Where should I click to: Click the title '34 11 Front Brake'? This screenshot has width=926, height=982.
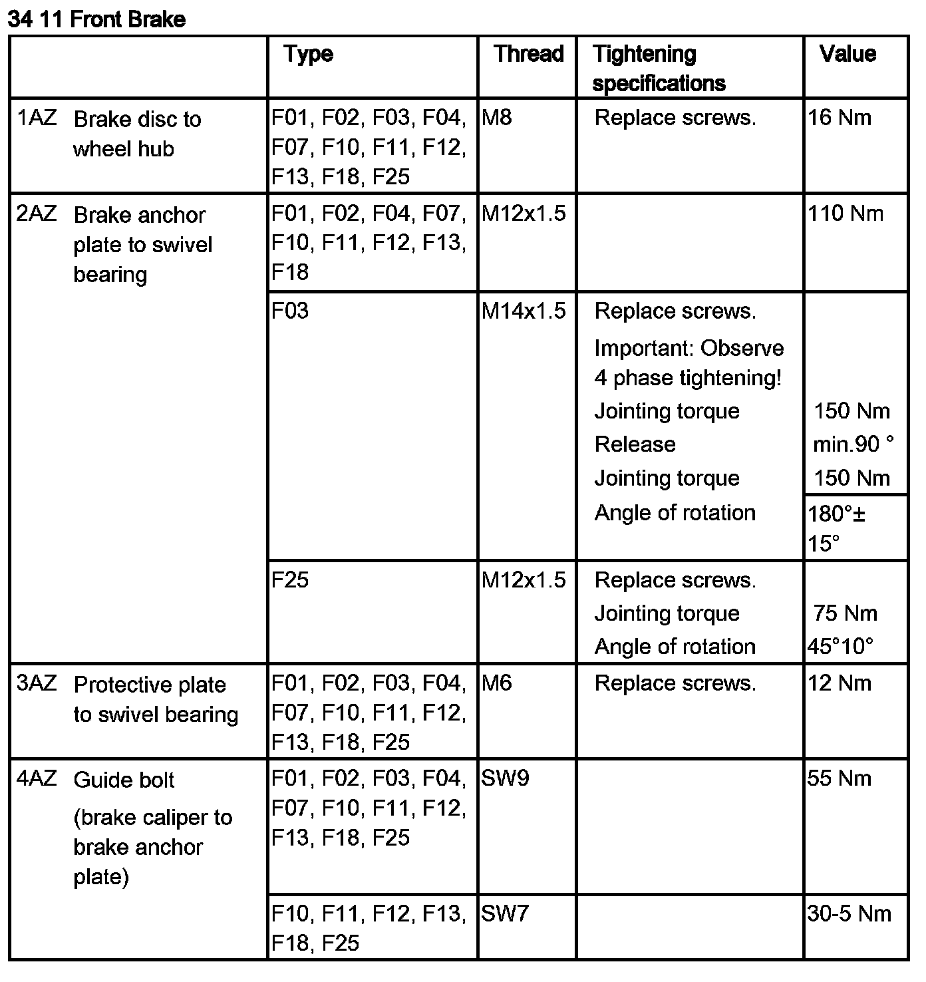pyautogui.click(x=96, y=19)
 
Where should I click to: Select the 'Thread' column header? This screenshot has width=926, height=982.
pyautogui.click(x=528, y=54)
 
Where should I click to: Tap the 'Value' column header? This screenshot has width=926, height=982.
pyautogui.click(x=848, y=54)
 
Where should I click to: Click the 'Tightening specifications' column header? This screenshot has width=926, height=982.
pyautogui.click(x=658, y=69)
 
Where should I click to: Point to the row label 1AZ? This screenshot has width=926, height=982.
pyautogui.click(x=37, y=118)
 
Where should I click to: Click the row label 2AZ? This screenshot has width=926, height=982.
pyautogui.click(x=37, y=214)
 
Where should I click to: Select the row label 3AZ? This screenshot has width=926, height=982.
pyautogui.click(x=37, y=683)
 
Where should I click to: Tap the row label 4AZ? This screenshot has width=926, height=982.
pyautogui.click(x=37, y=778)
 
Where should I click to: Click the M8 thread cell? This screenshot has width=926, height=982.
pyautogui.click(x=496, y=118)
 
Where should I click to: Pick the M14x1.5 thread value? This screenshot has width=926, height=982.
pyautogui.click(x=524, y=311)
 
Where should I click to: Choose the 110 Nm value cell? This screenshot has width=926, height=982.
pyautogui.click(x=846, y=214)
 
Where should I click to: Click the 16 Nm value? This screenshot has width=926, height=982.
pyautogui.click(x=839, y=118)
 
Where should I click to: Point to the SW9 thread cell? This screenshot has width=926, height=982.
pyautogui.click(x=505, y=778)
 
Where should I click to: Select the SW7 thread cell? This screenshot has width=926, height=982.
pyautogui.click(x=505, y=913)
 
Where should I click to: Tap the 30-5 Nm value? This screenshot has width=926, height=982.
pyautogui.click(x=849, y=913)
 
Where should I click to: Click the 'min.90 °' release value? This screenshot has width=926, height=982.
pyautogui.click(x=853, y=444)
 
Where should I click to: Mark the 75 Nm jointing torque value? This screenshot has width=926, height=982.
pyautogui.click(x=845, y=613)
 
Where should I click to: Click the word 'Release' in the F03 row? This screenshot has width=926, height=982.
pyautogui.click(x=635, y=444)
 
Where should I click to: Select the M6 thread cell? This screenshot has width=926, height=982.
pyautogui.click(x=496, y=683)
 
